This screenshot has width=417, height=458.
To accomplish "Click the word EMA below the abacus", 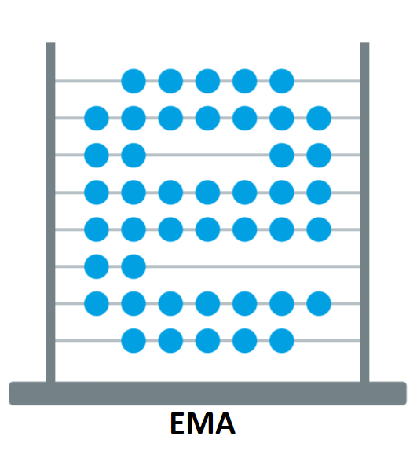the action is tap(203, 423).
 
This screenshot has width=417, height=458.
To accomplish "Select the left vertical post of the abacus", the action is tap(50, 212).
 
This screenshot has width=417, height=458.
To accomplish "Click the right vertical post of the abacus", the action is tap(364, 212).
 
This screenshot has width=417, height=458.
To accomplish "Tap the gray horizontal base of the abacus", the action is tap(207, 393).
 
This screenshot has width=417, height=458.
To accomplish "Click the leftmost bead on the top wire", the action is tap(134, 81).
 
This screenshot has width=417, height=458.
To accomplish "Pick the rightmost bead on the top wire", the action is tap(281, 81).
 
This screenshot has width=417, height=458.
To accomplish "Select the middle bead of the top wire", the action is tap(207, 81).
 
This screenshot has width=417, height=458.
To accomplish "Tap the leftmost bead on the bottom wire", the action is tap(134, 341).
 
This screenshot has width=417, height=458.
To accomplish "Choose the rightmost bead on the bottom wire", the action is tap(281, 341).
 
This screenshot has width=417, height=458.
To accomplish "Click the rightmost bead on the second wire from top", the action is tap(319, 119).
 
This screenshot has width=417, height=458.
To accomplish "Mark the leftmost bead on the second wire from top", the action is tap(97, 119).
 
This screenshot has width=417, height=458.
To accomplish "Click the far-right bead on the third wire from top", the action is tap(319, 155).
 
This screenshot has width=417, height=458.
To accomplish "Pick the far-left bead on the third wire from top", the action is tap(97, 155).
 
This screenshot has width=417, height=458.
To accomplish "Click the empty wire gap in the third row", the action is tap(207, 155).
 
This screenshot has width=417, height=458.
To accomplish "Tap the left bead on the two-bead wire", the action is tap(97, 266).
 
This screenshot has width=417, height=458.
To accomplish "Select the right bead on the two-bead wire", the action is tap(134, 266).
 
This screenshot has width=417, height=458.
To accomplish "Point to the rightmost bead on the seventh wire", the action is tap(319, 303).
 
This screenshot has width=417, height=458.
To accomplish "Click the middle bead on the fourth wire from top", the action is tap(207, 192).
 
